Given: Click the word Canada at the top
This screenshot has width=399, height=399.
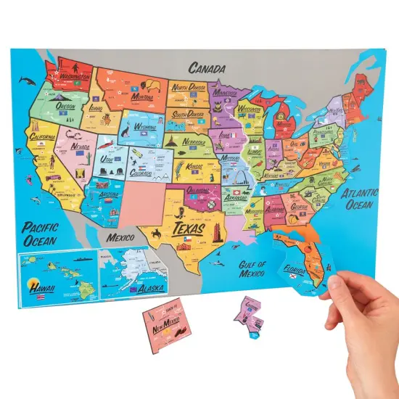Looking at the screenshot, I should [x=207, y=68].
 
